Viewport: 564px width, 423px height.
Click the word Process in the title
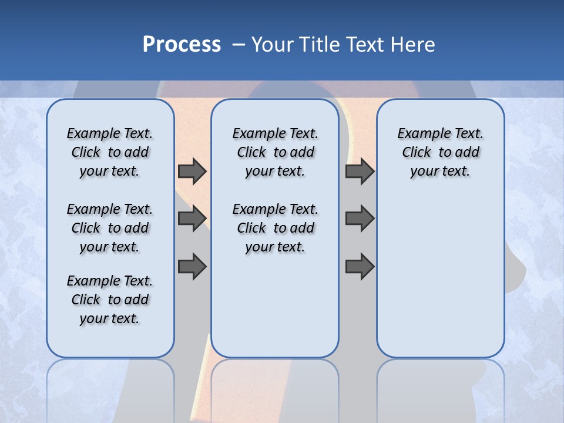click(x=182, y=45)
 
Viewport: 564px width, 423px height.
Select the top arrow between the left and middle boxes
click(x=192, y=171)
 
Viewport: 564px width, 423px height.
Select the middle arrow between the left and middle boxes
click(x=192, y=219)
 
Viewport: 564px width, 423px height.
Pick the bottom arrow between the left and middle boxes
click(x=192, y=266)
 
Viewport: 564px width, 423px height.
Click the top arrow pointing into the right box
click(x=360, y=171)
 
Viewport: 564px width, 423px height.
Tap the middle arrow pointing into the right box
click(x=360, y=219)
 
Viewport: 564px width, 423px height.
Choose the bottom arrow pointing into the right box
click(x=360, y=266)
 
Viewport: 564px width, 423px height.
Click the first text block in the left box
click(x=110, y=152)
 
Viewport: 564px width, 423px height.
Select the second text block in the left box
click(x=110, y=228)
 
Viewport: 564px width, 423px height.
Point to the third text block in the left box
click(x=110, y=300)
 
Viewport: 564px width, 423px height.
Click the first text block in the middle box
click(x=275, y=152)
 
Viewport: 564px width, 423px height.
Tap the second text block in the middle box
click(x=275, y=228)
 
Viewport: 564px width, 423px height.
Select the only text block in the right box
click(x=440, y=152)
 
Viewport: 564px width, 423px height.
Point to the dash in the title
click(x=239, y=45)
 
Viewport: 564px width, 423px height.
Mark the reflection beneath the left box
click(x=110, y=382)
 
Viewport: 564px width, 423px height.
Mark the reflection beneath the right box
click(x=440, y=382)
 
